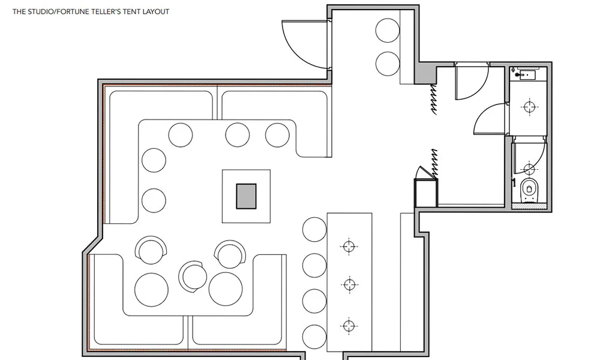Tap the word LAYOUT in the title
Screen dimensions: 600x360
tap(156, 11)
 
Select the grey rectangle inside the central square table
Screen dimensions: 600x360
tap(246, 196)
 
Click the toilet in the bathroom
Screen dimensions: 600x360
tap(530, 190)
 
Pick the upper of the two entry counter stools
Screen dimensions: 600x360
tap(388, 30)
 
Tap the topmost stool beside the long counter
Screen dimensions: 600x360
tap(314, 230)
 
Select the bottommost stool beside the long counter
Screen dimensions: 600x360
tap(314, 337)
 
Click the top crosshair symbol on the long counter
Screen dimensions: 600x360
tap(349, 247)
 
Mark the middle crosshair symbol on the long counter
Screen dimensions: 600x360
tap(349, 284)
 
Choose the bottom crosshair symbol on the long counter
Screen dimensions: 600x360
tap(348, 326)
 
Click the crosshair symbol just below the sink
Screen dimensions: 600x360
tap(530, 107)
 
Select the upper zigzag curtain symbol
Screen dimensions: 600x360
tap(433, 100)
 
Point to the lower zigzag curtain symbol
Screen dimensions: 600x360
tap(434, 164)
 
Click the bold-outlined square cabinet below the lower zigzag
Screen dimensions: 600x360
tap(426, 193)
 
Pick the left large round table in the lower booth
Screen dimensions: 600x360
tap(152, 290)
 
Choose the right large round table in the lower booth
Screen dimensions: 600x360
tap(226, 289)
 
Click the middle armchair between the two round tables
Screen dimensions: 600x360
tap(194, 277)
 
